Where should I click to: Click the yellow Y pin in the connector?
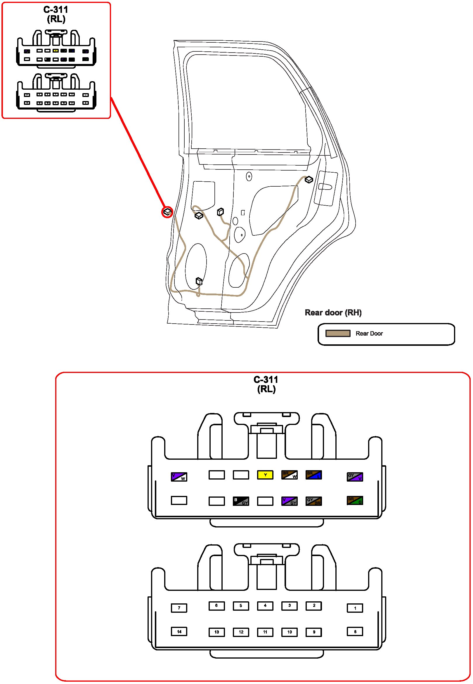pos(265,475)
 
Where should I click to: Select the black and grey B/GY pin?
pos(241,501)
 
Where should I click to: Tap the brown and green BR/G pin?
pos(355,500)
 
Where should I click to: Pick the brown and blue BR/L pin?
pos(313,475)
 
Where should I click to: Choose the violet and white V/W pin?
pos(179,477)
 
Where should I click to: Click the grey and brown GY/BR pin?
pos(313,501)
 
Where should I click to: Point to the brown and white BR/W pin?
pos(289,475)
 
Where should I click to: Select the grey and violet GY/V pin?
pos(355,477)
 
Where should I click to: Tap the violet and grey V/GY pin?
pos(289,501)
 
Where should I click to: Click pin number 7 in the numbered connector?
pos(179,608)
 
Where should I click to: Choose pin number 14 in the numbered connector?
pos(179,631)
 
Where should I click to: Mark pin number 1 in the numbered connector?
pos(355,608)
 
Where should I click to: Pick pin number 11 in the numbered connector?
pos(265,632)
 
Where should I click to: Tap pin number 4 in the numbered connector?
pos(265,606)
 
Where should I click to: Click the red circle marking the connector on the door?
pos(167,212)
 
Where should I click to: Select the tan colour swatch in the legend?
pos(338,333)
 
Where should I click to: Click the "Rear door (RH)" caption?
pos(333,313)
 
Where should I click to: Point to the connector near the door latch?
pos(309,180)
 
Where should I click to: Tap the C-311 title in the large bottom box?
pos(266,379)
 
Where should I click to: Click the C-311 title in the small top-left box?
pos(56,10)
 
